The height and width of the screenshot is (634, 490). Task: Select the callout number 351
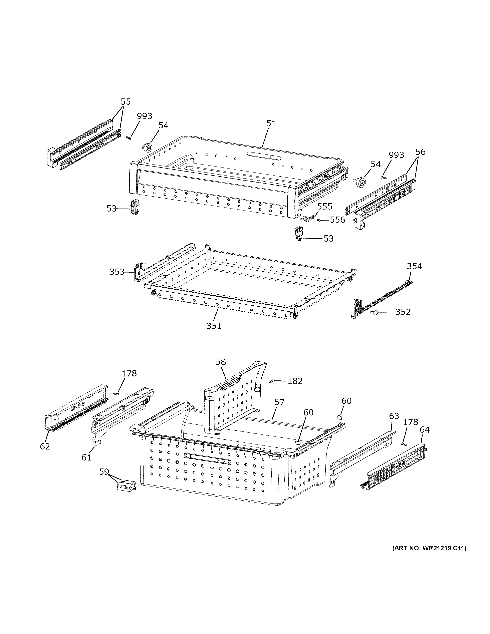tap(214, 326)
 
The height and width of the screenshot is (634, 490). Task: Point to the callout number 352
tap(403, 312)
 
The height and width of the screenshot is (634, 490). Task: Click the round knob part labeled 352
tap(375, 312)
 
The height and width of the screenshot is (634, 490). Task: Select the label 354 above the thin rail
tap(414, 266)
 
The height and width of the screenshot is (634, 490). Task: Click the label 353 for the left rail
tap(117, 272)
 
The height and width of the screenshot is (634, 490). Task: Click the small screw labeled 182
tap(272, 381)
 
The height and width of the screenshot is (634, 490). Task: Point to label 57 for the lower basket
tap(280, 402)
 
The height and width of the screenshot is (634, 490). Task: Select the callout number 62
tap(45, 446)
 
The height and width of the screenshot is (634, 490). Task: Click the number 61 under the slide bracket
tap(86, 457)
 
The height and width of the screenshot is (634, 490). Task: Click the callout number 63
tap(394, 416)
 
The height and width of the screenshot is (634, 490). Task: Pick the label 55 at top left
tap(126, 102)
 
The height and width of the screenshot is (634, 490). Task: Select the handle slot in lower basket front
tap(207, 459)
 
